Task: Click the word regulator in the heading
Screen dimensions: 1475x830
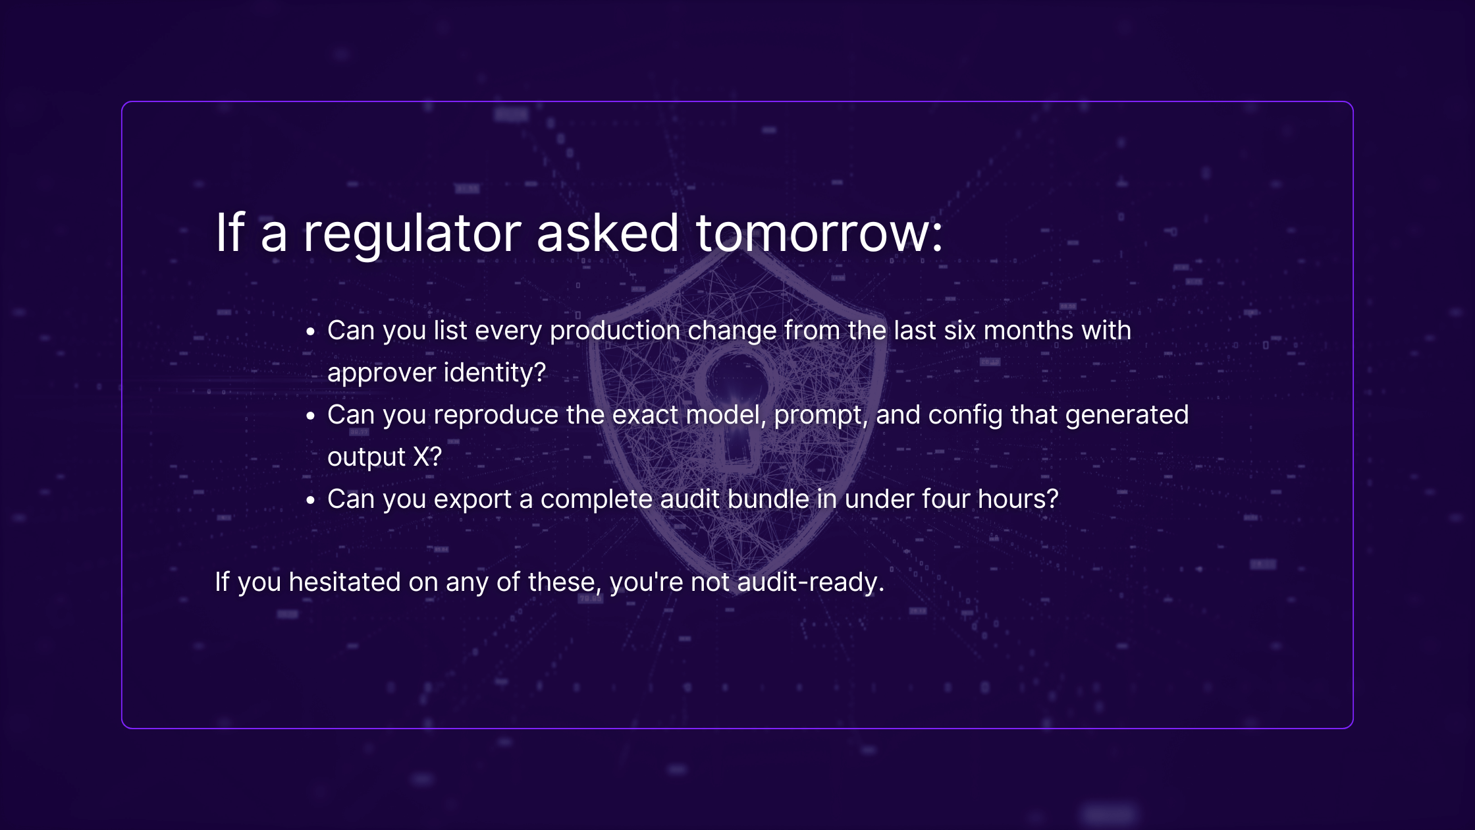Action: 412,234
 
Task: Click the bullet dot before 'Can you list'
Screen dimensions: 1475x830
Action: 311,331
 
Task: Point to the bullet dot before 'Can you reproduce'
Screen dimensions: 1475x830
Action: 311,416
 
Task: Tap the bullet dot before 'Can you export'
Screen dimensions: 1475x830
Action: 311,500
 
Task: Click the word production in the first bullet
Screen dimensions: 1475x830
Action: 615,331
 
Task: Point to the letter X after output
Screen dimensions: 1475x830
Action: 421,457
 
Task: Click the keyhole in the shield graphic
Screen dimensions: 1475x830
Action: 737,408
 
